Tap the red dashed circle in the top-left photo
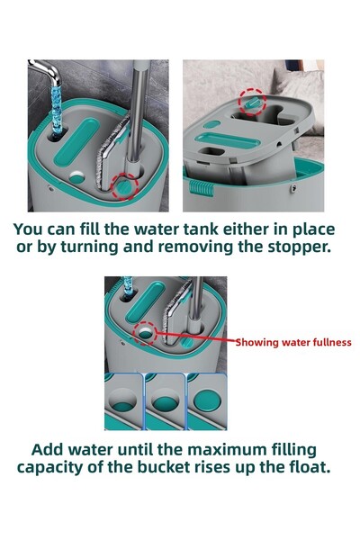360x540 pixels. point(123,185)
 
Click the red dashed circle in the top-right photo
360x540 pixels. point(251,103)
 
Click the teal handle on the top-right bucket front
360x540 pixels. point(201,192)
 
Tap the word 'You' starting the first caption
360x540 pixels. point(31,229)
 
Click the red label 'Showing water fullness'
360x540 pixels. point(293,342)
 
